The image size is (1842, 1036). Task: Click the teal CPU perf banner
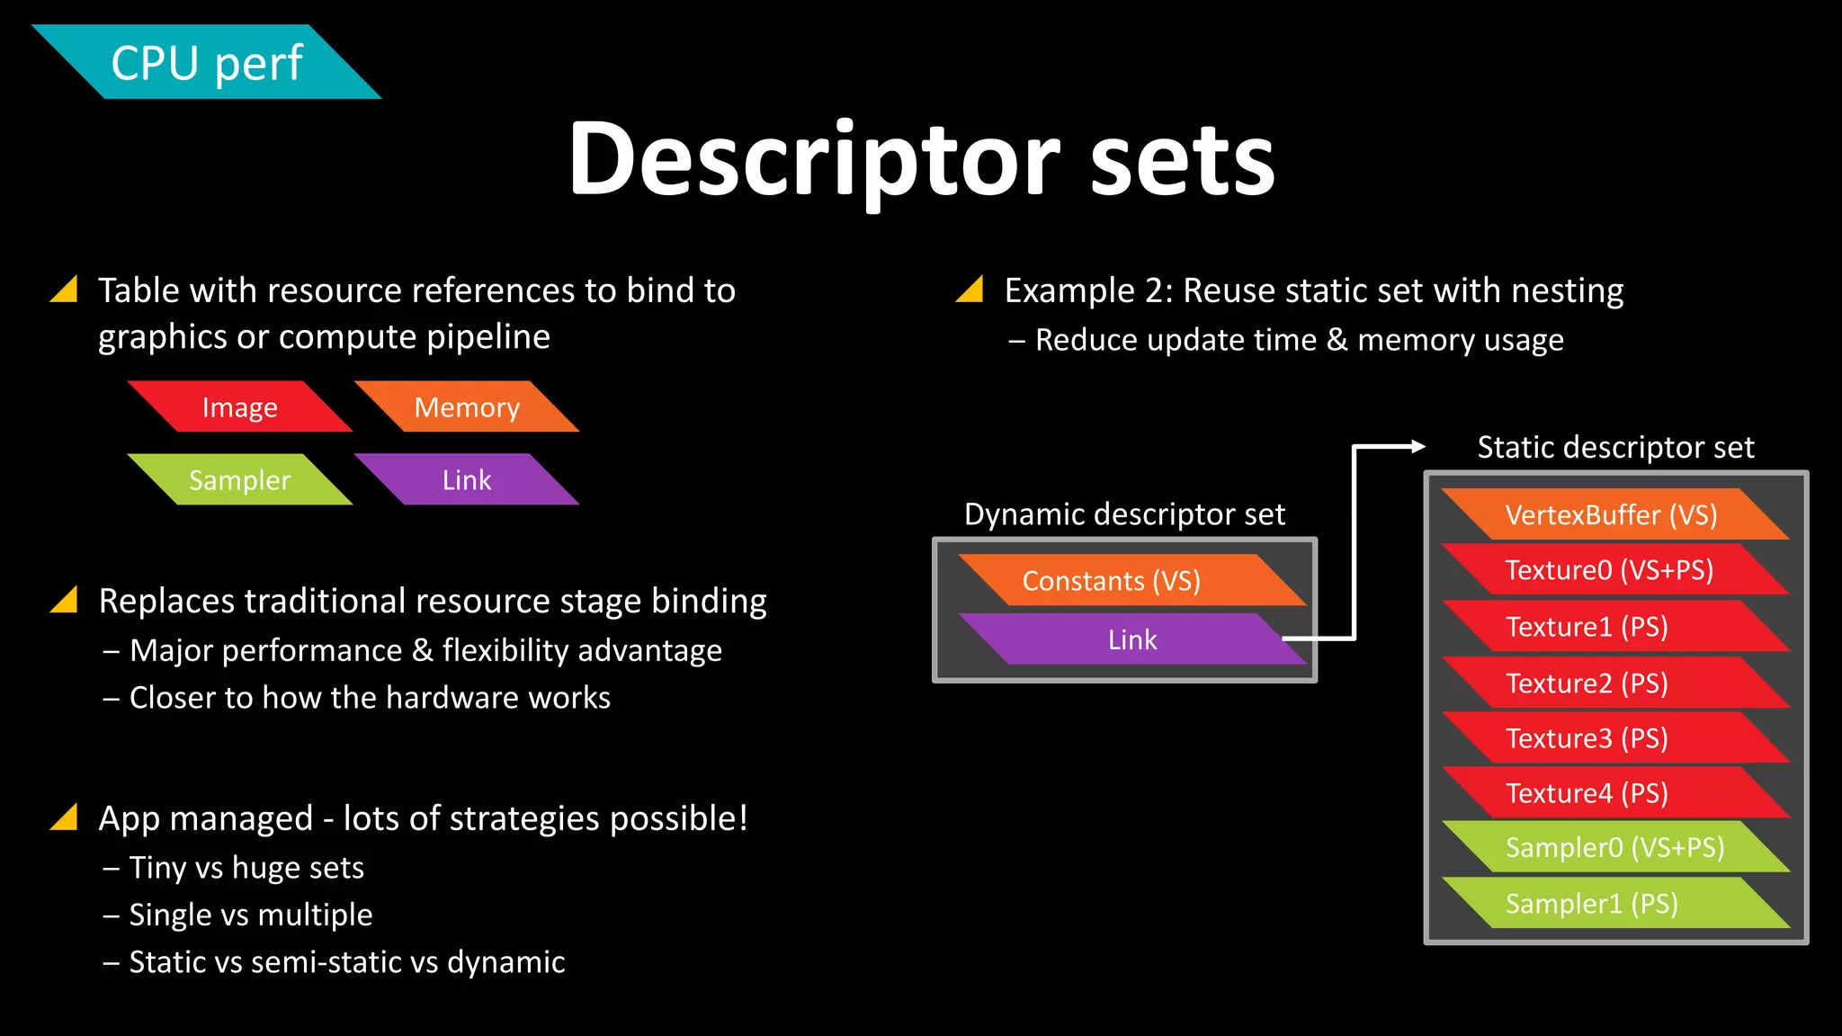(x=207, y=62)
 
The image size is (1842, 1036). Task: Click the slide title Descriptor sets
(x=921, y=159)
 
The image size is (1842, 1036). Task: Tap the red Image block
(x=239, y=407)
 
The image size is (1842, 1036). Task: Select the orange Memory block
(x=467, y=407)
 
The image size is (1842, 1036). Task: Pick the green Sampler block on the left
(x=239, y=479)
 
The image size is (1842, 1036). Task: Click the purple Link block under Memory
(x=467, y=479)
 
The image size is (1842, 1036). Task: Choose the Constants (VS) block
(x=1112, y=581)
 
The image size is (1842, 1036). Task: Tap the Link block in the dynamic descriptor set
(x=1131, y=639)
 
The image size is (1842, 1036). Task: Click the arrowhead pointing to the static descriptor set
(x=1418, y=446)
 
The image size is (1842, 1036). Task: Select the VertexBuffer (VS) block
(x=1611, y=514)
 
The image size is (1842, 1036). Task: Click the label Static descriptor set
(x=1615, y=447)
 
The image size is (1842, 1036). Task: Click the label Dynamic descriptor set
(x=1124, y=514)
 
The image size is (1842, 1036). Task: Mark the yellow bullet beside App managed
(x=65, y=817)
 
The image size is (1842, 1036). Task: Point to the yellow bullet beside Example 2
(x=970, y=289)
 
